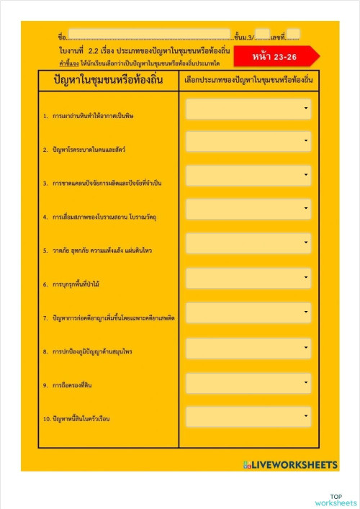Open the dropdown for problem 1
248,109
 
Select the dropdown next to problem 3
248,176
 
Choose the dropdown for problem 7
248,312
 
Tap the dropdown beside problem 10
248,417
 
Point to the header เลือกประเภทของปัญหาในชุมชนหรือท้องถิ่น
248,81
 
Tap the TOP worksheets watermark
336,500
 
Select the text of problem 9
71,385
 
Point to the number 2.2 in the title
94,52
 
